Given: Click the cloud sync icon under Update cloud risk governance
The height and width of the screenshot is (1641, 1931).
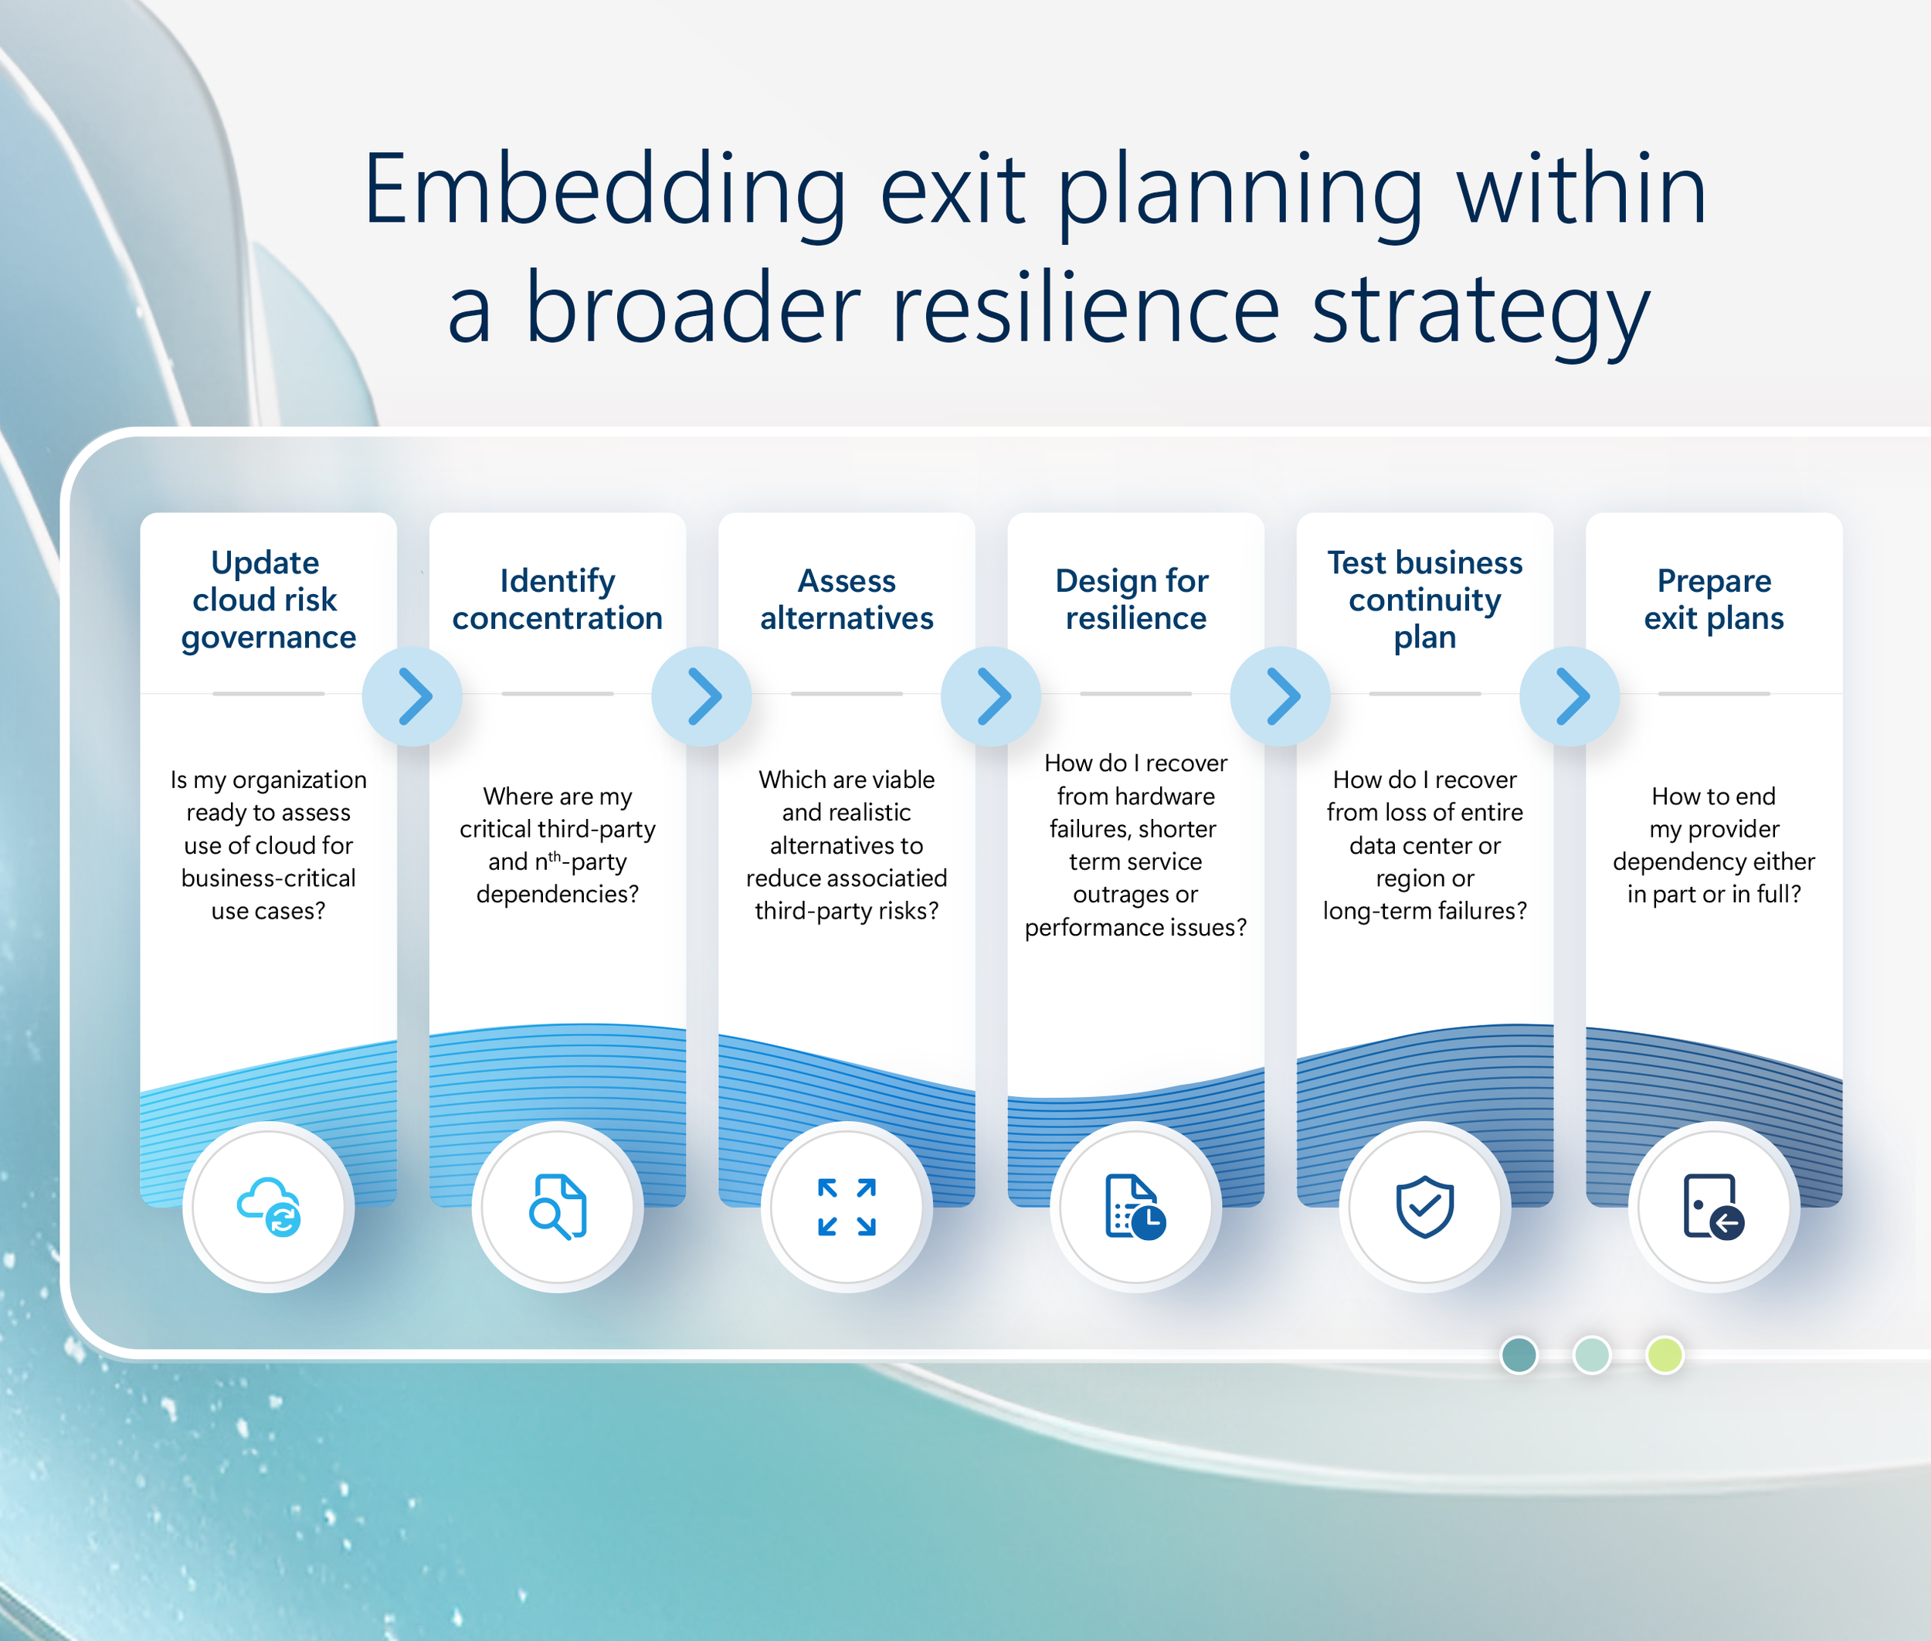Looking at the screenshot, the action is (269, 1207).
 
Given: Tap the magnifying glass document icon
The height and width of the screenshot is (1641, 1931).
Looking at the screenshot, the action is (557, 1207).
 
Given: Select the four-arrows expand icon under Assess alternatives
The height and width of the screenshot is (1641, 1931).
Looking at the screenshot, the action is (847, 1207).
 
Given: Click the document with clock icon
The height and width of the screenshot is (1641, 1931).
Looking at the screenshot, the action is (1135, 1207).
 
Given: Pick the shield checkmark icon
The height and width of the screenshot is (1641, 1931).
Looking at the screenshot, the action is (1424, 1207).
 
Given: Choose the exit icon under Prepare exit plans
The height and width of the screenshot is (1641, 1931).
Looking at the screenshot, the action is (1713, 1207).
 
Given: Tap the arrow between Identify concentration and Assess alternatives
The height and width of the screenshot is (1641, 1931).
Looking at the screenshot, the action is (701, 696).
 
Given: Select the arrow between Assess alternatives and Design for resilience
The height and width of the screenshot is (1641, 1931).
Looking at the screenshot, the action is (991, 696).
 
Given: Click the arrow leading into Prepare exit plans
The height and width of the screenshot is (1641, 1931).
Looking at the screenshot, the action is (1570, 696).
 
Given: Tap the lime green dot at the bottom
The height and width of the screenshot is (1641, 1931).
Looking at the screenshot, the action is (1664, 1354).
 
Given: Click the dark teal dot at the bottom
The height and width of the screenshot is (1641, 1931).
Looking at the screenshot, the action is (1519, 1354).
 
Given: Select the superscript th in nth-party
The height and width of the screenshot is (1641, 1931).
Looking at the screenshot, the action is (555, 857).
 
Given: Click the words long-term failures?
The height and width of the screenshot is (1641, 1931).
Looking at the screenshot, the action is (1424, 911).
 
